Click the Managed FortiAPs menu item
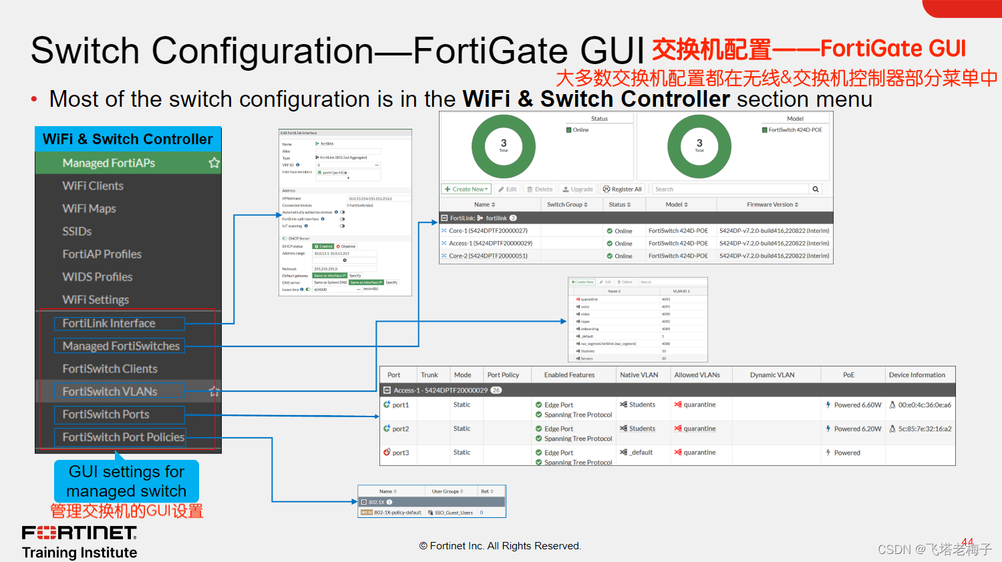[109, 163]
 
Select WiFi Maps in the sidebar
[89, 208]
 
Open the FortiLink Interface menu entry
[109, 323]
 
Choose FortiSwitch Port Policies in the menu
[123, 437]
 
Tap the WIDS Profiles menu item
[98, 277]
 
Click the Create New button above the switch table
[466, 189]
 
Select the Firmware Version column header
[772, 204]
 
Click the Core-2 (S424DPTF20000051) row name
[488, 256]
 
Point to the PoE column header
[848, 375]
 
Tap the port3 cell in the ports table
[400, 453]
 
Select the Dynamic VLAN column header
[772, 375]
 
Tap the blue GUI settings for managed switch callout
[126, 481]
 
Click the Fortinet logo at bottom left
[79, 533]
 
